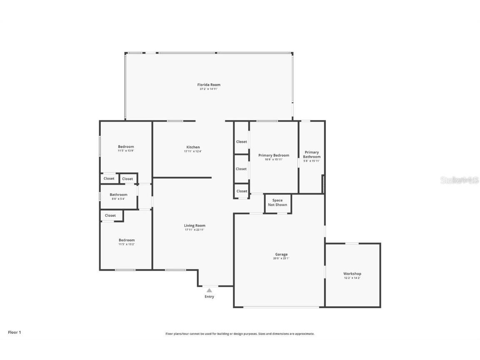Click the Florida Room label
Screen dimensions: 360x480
tap(209, 85)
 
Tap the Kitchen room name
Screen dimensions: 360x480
tap(192, 147)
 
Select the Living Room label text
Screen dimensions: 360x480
tap(195, 225)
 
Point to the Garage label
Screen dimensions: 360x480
tap(281, 254)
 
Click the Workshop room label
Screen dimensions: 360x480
tap(352, 274)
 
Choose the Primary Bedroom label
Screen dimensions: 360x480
tap(273, 155)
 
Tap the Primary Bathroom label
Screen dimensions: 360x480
tap(312, 154)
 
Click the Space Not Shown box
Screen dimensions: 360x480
tap(277, 202)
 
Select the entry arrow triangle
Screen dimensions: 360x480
tap(209, 290)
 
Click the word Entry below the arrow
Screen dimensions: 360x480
tap(209, 297)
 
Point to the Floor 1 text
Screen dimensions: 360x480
tap(14, 332)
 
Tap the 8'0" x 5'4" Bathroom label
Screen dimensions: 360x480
tap(118, 195)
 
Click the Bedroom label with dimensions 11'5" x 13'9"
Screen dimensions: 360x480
tap(126, 147)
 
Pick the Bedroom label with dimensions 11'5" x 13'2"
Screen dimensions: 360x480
tap(126, 240)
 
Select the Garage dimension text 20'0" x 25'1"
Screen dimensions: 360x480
tap(281, 258)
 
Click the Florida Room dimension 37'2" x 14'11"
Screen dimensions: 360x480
tap(209, 89)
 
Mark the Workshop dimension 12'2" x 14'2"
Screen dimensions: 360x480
tap(352, 278)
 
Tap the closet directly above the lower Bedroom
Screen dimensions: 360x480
tap(110, 215)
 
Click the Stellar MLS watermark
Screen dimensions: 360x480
tap(459, 180)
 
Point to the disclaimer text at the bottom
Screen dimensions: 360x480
tap(240, 334)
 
